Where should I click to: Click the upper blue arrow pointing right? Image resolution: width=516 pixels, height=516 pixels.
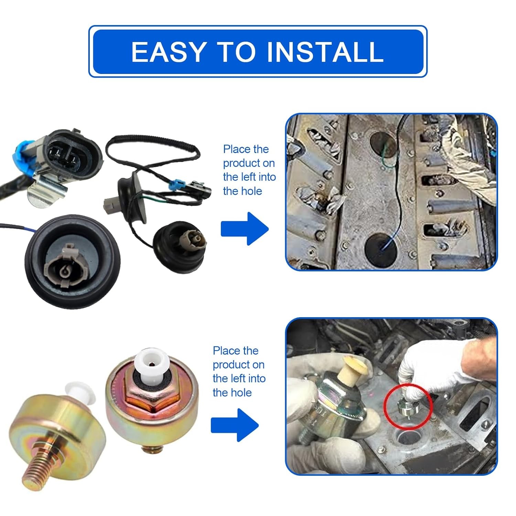pos(245,229)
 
